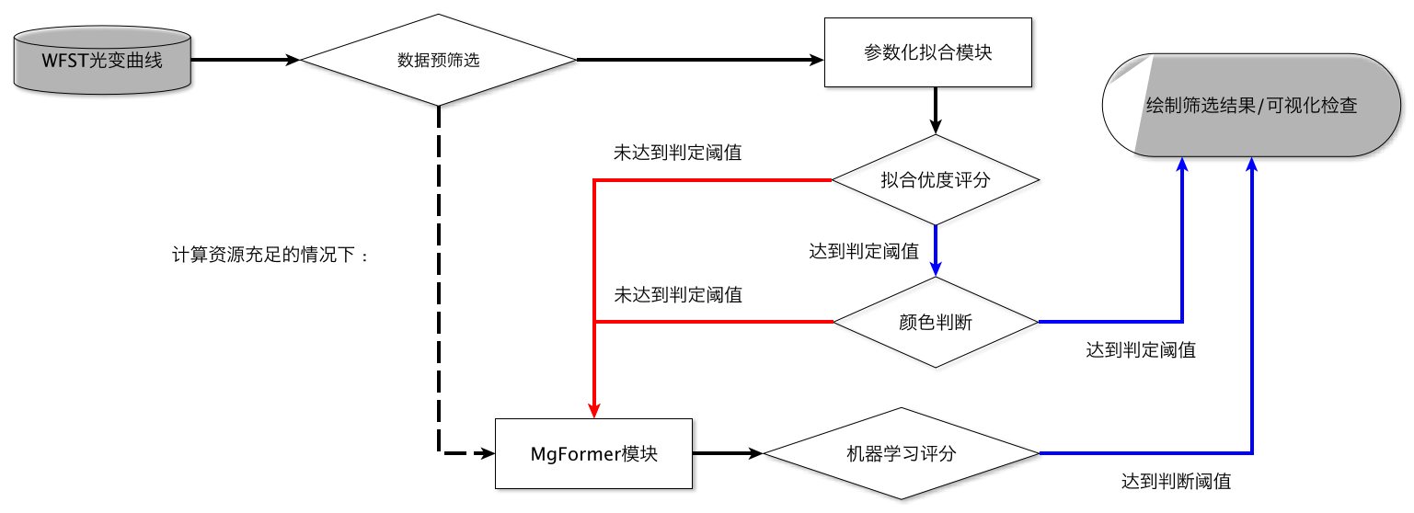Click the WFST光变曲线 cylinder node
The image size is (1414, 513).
tap(101, 61)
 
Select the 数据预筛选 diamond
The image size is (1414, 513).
tap(439, 61)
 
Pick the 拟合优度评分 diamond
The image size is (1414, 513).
tap(935, 180)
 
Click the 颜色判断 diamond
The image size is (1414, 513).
tap(935, 323)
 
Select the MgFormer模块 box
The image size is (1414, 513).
tap(593, 453)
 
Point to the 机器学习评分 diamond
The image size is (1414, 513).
tap(901, 454)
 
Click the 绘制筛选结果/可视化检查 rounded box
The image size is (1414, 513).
tap(1251, 106)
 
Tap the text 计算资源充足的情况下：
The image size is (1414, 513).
tap(270, 255)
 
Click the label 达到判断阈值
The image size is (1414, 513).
tap(1176, 481)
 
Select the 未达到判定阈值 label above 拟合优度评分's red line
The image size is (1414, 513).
tap(677, 153)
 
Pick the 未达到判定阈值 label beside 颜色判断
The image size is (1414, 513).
tap(677, 295)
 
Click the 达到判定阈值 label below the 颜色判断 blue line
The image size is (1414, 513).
tap(1141, 350)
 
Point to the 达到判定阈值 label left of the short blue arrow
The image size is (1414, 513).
tap(863, 251)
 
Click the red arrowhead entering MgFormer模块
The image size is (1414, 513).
tap(594, 410)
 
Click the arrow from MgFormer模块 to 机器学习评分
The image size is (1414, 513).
tap(728, 453)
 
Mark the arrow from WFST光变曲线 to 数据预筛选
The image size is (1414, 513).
tap(246, 61)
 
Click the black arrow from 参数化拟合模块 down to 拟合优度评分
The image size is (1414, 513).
tap(935, 111)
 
